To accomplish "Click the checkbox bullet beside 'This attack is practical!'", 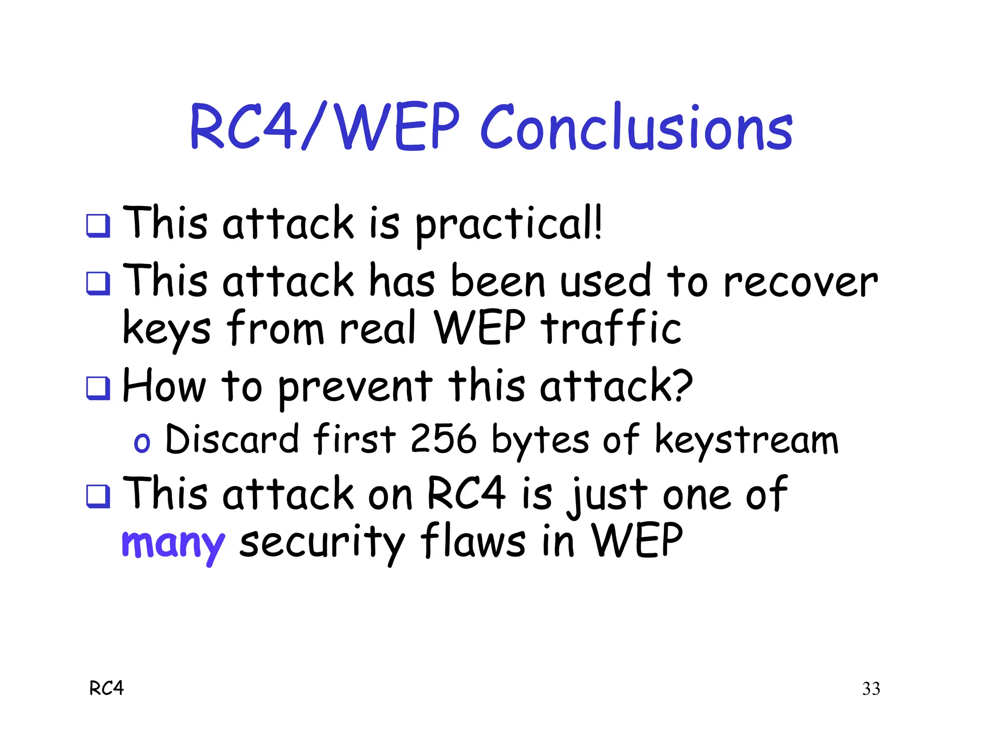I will click(x=98, y=226).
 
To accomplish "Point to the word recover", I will click(x=800, y=282).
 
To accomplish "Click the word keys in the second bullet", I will click(x=167, y=330).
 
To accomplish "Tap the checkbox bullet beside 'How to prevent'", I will click(x=98, y=388).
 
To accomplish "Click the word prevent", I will click(x=355, y=388).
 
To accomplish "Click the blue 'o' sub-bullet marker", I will click(x=142, y=442).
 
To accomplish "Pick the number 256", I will click(x=444, y=439).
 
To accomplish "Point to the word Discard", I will click(x=232, y=439).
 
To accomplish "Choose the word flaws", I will click(x=472, y=541).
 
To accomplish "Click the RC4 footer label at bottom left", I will click(x=107, y=689).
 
